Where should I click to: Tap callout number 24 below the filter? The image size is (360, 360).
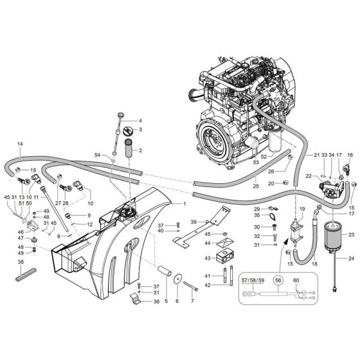click(x=352, y=258)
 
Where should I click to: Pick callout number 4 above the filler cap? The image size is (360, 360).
click(x=140, y=120)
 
